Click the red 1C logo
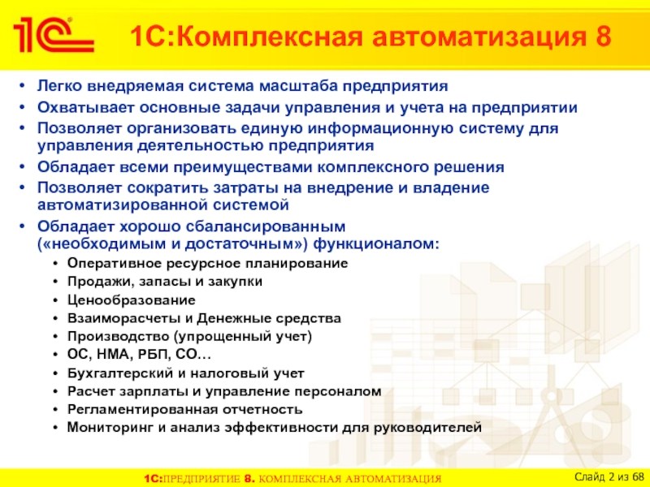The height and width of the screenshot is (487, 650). click(x=54, y=35)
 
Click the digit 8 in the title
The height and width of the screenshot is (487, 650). click(x=604, y=36)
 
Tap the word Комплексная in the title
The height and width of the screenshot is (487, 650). click(x=272, y=36)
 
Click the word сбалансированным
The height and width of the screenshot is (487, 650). click(x=266, y=226)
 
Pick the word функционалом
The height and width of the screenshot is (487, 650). click(x=375, y=243)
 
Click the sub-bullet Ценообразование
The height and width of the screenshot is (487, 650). click(x=132, y=300)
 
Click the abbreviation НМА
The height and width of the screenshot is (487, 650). click(x=115, y=355)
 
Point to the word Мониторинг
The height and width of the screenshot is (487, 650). click(x=110, y=427)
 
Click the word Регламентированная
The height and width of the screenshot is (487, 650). click(x=143, y=410)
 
